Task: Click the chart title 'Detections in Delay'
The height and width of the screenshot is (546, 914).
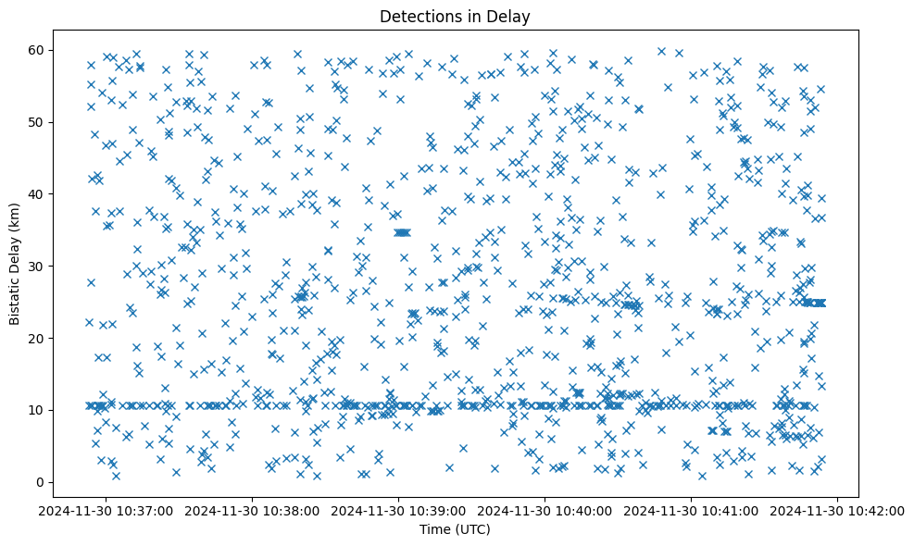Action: pos(455,16)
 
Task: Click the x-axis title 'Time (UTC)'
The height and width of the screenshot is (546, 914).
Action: pos(455,529)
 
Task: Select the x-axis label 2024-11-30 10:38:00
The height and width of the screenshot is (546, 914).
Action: pos(252,510)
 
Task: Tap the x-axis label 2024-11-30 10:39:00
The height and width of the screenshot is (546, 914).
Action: pos(398,510)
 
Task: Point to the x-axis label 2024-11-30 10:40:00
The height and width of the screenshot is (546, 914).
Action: pos(545,510)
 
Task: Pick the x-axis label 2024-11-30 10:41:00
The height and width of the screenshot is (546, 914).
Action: pos(692,510)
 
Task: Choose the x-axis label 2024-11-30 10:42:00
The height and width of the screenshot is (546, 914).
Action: pos(839,510)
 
